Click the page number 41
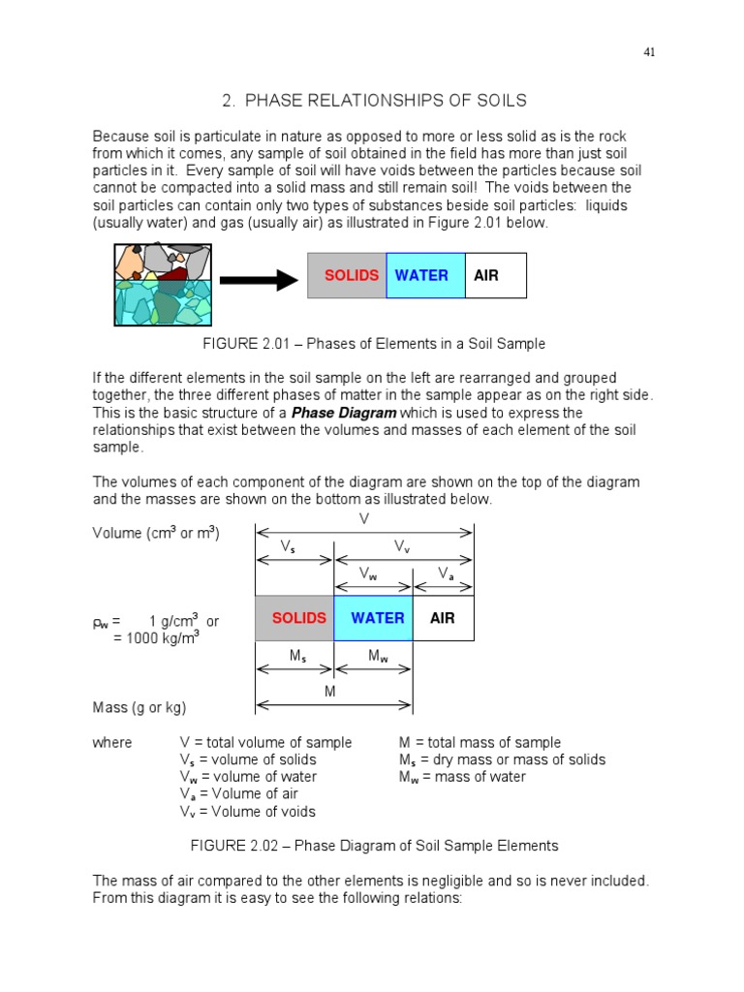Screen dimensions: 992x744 point(649,52)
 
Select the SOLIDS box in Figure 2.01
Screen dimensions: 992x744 point(347,275)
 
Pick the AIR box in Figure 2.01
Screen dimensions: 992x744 point(495,275)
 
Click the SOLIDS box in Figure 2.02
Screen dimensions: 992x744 point(294,618)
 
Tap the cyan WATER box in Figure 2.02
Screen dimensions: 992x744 point(373,618)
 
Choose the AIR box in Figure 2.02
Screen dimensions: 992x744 point(443,618)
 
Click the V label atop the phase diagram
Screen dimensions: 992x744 point(364,519)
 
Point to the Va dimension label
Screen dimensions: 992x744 point(445,573)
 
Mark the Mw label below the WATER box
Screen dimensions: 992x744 point(377,657)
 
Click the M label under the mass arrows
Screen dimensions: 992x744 point(329,692)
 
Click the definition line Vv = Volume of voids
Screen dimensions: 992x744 point(247,812)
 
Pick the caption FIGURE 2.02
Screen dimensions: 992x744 point(241,846)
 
